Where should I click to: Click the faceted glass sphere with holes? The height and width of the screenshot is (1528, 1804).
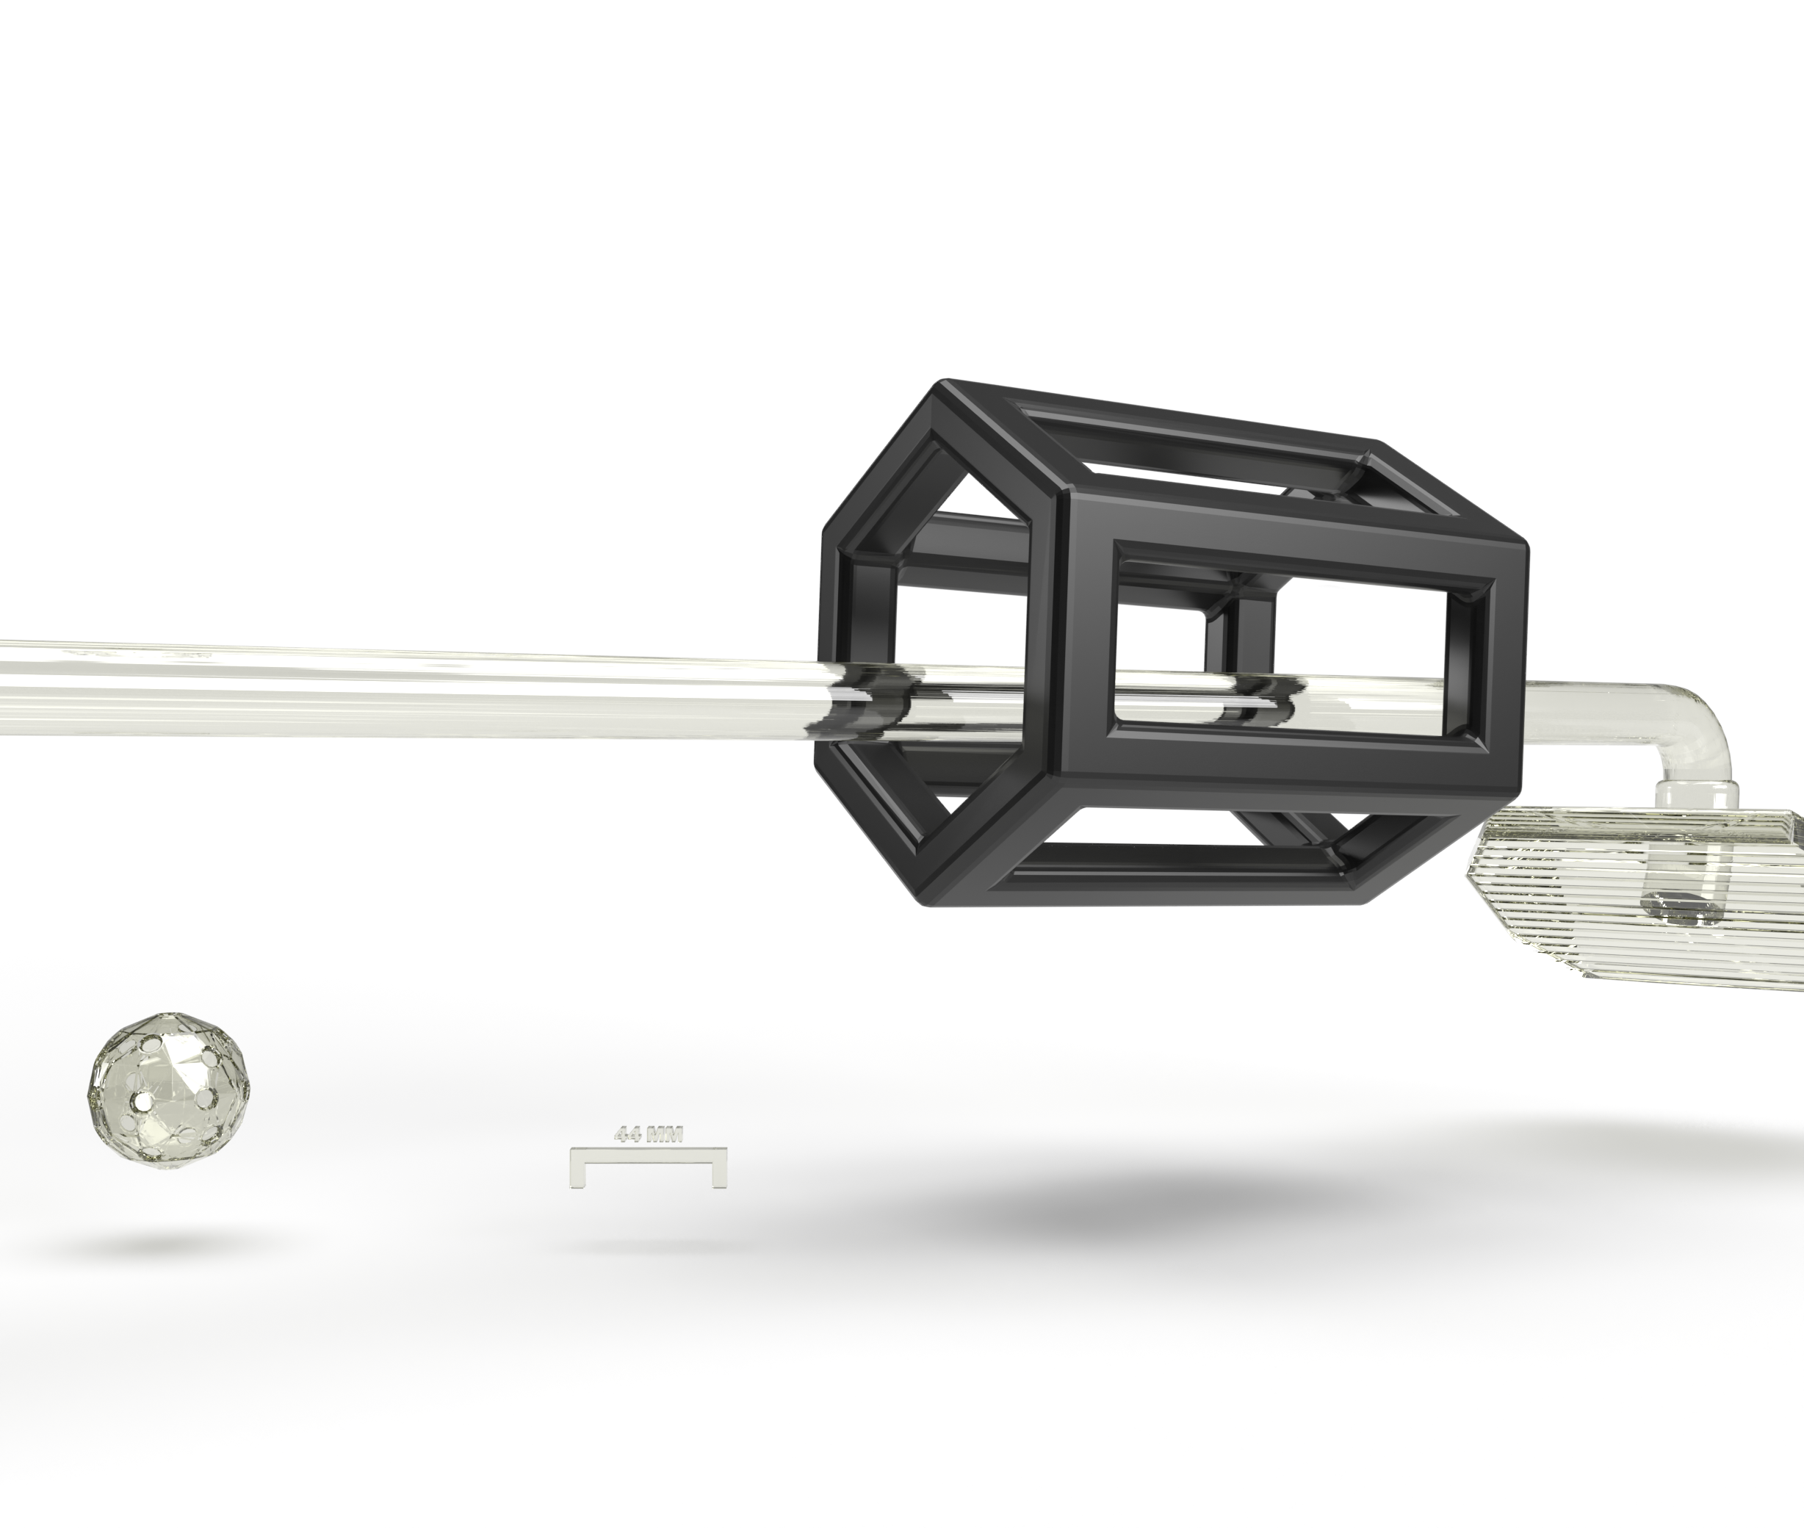pyautogui.click(x=171, y=1088)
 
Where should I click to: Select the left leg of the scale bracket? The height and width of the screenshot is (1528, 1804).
pyautogui.click(x=577, y=1167)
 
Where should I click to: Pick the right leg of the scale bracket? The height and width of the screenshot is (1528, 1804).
pyautogui.click(x=718, y=1167)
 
